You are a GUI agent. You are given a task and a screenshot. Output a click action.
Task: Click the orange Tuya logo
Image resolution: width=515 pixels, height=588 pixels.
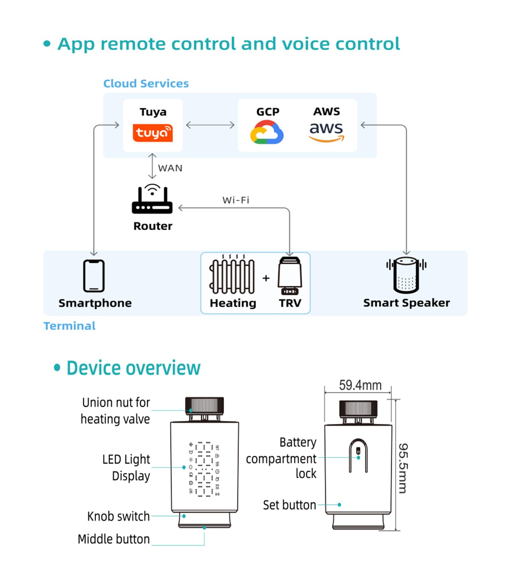pyautogui.click(x=153, y=133)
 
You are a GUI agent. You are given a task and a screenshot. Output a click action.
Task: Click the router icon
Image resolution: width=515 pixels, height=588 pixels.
pyautogui.click(x=152, y=199)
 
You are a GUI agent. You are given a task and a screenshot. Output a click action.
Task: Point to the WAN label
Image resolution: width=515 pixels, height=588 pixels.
pyautogui.click(x=170, y=168)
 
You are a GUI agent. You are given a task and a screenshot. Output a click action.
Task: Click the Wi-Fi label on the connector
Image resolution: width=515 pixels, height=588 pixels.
pyautogui.click(x=236, y=200)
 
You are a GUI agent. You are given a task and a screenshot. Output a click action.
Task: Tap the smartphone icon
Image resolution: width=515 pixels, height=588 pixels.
pyautogui.click(x=94, y=276)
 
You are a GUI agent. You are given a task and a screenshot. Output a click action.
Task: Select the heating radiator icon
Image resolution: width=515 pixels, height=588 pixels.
pyautogui.click(x=232, y=274)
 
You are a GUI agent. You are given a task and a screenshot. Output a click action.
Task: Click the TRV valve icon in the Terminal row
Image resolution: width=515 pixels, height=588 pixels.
pyautogui.click(x=290, y=276)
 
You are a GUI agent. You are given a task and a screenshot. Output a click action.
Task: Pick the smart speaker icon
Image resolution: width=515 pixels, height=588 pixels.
pyautogui.click(x=406, y=275)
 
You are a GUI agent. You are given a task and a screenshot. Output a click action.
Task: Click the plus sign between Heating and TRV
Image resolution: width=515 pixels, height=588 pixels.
pyautogui.click(x=266, y=278)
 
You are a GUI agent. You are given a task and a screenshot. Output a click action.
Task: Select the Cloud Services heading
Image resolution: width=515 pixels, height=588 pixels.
pyautogui.click(x=146, y=83)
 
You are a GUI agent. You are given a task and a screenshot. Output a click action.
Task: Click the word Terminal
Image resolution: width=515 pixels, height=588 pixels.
pyautogui.click(x=70, y=326)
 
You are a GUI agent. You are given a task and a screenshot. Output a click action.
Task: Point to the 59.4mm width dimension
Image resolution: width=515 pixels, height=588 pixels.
pyautogui.click(x=360, y=385)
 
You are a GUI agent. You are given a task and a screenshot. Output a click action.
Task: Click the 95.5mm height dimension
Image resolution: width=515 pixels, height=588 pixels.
pyautogui.click(x=403, y=468)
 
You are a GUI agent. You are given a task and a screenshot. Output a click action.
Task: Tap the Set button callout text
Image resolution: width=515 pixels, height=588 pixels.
pyautogui.click(x=290, y=505)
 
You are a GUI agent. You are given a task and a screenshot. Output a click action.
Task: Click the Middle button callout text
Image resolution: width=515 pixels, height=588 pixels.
pyautogui.click(x=114, y=539)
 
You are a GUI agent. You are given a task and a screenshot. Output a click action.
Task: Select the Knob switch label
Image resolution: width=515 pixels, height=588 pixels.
pyautogui.click(x=118, y=516)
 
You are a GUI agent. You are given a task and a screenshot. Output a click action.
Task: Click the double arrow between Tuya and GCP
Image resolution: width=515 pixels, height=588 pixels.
pyautogui.click(x=210, y=125)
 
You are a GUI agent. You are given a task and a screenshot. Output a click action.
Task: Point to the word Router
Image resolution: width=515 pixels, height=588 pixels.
pyautogui.click(x=153, y=226)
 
